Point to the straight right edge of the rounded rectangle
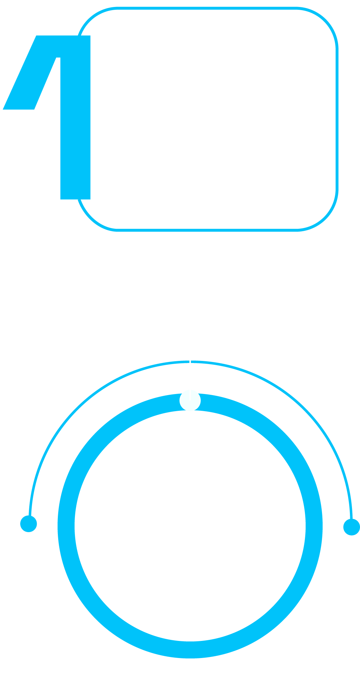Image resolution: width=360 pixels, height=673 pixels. pyautogui.click(x=337, y=119)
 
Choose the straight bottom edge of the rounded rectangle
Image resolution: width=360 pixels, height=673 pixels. pyautogui.click(x=209, y=230)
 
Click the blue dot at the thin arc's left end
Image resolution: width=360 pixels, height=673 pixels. pyautogui.click(x=29, y=523)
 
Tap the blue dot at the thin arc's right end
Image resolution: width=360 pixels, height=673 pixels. pyautogui.click(x=351, y=527)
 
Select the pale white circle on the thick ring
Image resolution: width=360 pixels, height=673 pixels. pyautogui.click(x=190, y=400)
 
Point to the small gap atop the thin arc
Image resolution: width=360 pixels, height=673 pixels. pyautogui.click(x=190, y=362)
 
